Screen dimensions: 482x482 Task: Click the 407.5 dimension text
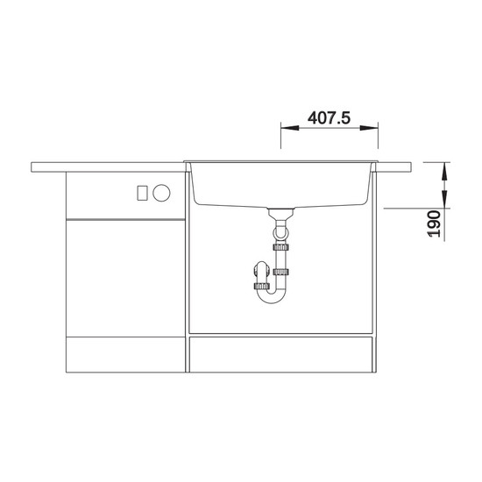tap(329, 118)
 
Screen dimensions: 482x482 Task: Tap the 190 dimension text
tap(434, 223)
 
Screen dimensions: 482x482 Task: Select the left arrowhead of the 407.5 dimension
tap(290, 128)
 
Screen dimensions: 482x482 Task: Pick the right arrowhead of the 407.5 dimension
tap(369, 128)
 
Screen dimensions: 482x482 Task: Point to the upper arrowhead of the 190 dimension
tap(445, 171)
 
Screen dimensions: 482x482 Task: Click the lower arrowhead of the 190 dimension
tap(445, 199)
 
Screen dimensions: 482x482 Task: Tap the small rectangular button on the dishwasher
tap(142, 193)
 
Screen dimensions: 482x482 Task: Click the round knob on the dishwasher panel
tap(161, 193)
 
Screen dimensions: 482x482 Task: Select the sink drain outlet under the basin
tap(281, 213)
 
